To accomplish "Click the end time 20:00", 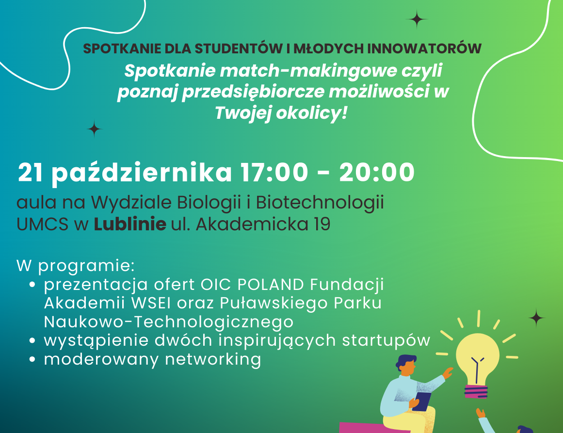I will [x=377, y=173].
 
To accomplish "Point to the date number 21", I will [x=31, y=173].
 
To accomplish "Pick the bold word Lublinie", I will [x=130, y=225].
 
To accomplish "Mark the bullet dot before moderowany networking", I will [x=32, y=360].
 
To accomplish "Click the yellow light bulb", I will [x=478, y=357].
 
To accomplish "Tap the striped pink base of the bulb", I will [x=478, y=390].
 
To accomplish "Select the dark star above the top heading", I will [x=416, y=19].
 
